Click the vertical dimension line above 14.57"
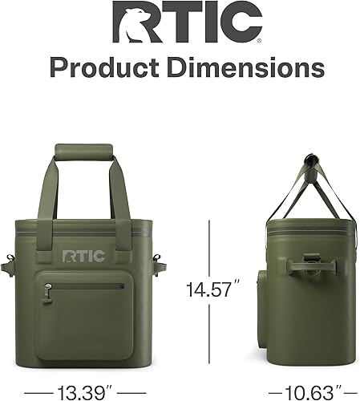click(210, 248)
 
